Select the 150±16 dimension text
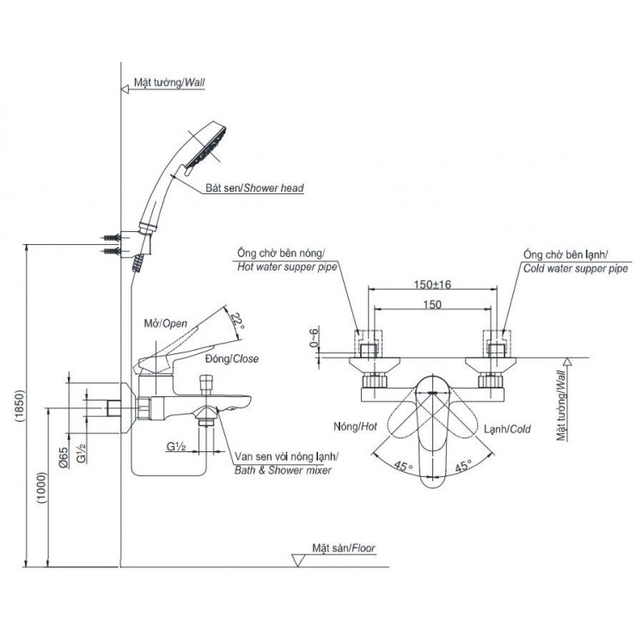432,284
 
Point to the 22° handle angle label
238,324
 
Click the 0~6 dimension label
315,342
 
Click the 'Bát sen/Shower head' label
254,187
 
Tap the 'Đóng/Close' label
234,358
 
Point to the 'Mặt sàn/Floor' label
344,547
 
